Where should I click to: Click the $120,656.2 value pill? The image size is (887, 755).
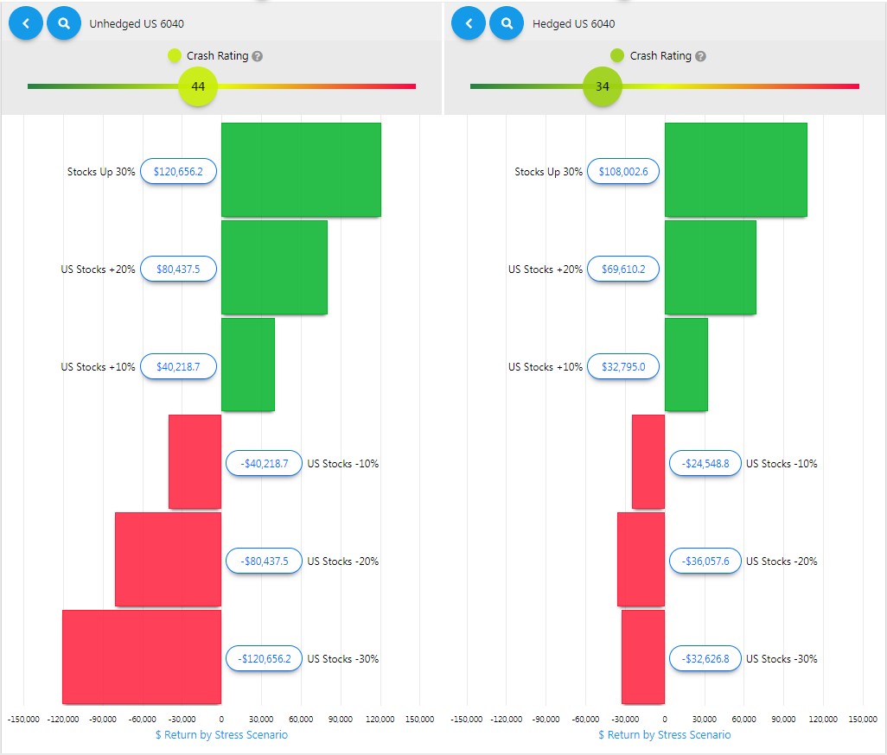pyautogui.click(x=178, y=172)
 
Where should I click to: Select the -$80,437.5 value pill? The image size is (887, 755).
pyautogui.click(x=264, y=561)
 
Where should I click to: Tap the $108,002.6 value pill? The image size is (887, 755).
pyautogui.click(x=622, y=172)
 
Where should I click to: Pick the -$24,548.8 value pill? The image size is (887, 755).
pyautogui.click(x=705, y=464)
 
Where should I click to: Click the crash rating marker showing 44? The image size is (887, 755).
pyautogui.click(x=198, y=86)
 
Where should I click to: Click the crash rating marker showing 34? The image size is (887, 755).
pyautogui.click(x=603, y=86)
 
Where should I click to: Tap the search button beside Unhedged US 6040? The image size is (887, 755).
pyautogui.click(x=64, y=23)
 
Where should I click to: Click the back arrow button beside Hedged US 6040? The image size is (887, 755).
pyautogui.click(x=469, y=23)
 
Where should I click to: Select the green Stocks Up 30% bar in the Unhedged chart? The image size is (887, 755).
pyautogui.click(x=301, y=169)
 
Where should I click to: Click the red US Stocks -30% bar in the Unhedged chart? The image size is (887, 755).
pyautogui.click(x=142, y=657)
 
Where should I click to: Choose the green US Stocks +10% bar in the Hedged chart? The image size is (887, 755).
pyautogui.click(x=686, y=365)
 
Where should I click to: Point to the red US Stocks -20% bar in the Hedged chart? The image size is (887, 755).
pyautogui.click(x=641, y=559)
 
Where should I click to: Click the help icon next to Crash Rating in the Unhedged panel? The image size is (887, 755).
pyautogui.click(x=258, y=56)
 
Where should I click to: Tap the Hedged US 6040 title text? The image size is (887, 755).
pyautogui.click(x=573, y=24)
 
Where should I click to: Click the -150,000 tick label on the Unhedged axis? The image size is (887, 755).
pyautogui.click(x=23, y=719)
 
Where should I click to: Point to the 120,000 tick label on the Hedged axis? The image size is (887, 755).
pyautogui.click(x=823, y=719)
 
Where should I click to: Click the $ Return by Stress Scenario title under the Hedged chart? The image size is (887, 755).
pyautogui.click(x=664, y=735)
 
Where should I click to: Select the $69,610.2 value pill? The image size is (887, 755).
pyautogui.click(x=622, y=270)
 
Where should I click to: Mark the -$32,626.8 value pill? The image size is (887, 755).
pyautogui.click(x=705, y=659)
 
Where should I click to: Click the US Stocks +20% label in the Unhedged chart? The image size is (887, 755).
pyautogui.click(x=98, y=270)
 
